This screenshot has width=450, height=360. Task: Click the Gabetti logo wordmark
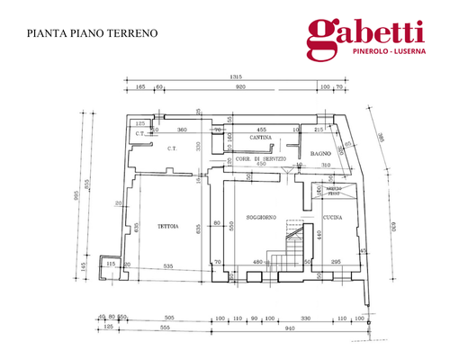(365, 33)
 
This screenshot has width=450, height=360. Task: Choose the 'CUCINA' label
(333, 218)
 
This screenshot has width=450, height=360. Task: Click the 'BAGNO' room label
(322, 154)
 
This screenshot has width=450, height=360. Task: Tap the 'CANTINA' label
(262, 137)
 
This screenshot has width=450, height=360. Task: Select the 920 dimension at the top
(240, 88)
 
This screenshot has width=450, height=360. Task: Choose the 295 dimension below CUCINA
(336, 261)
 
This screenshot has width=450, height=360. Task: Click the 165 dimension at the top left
(141, 88)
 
